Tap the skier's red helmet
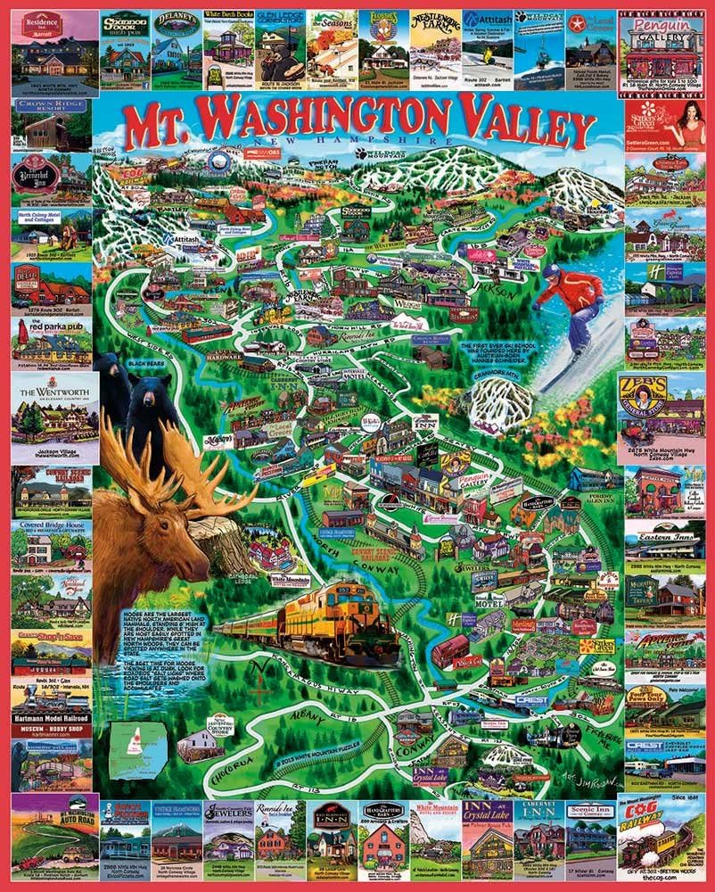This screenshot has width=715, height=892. click(554, 271)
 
